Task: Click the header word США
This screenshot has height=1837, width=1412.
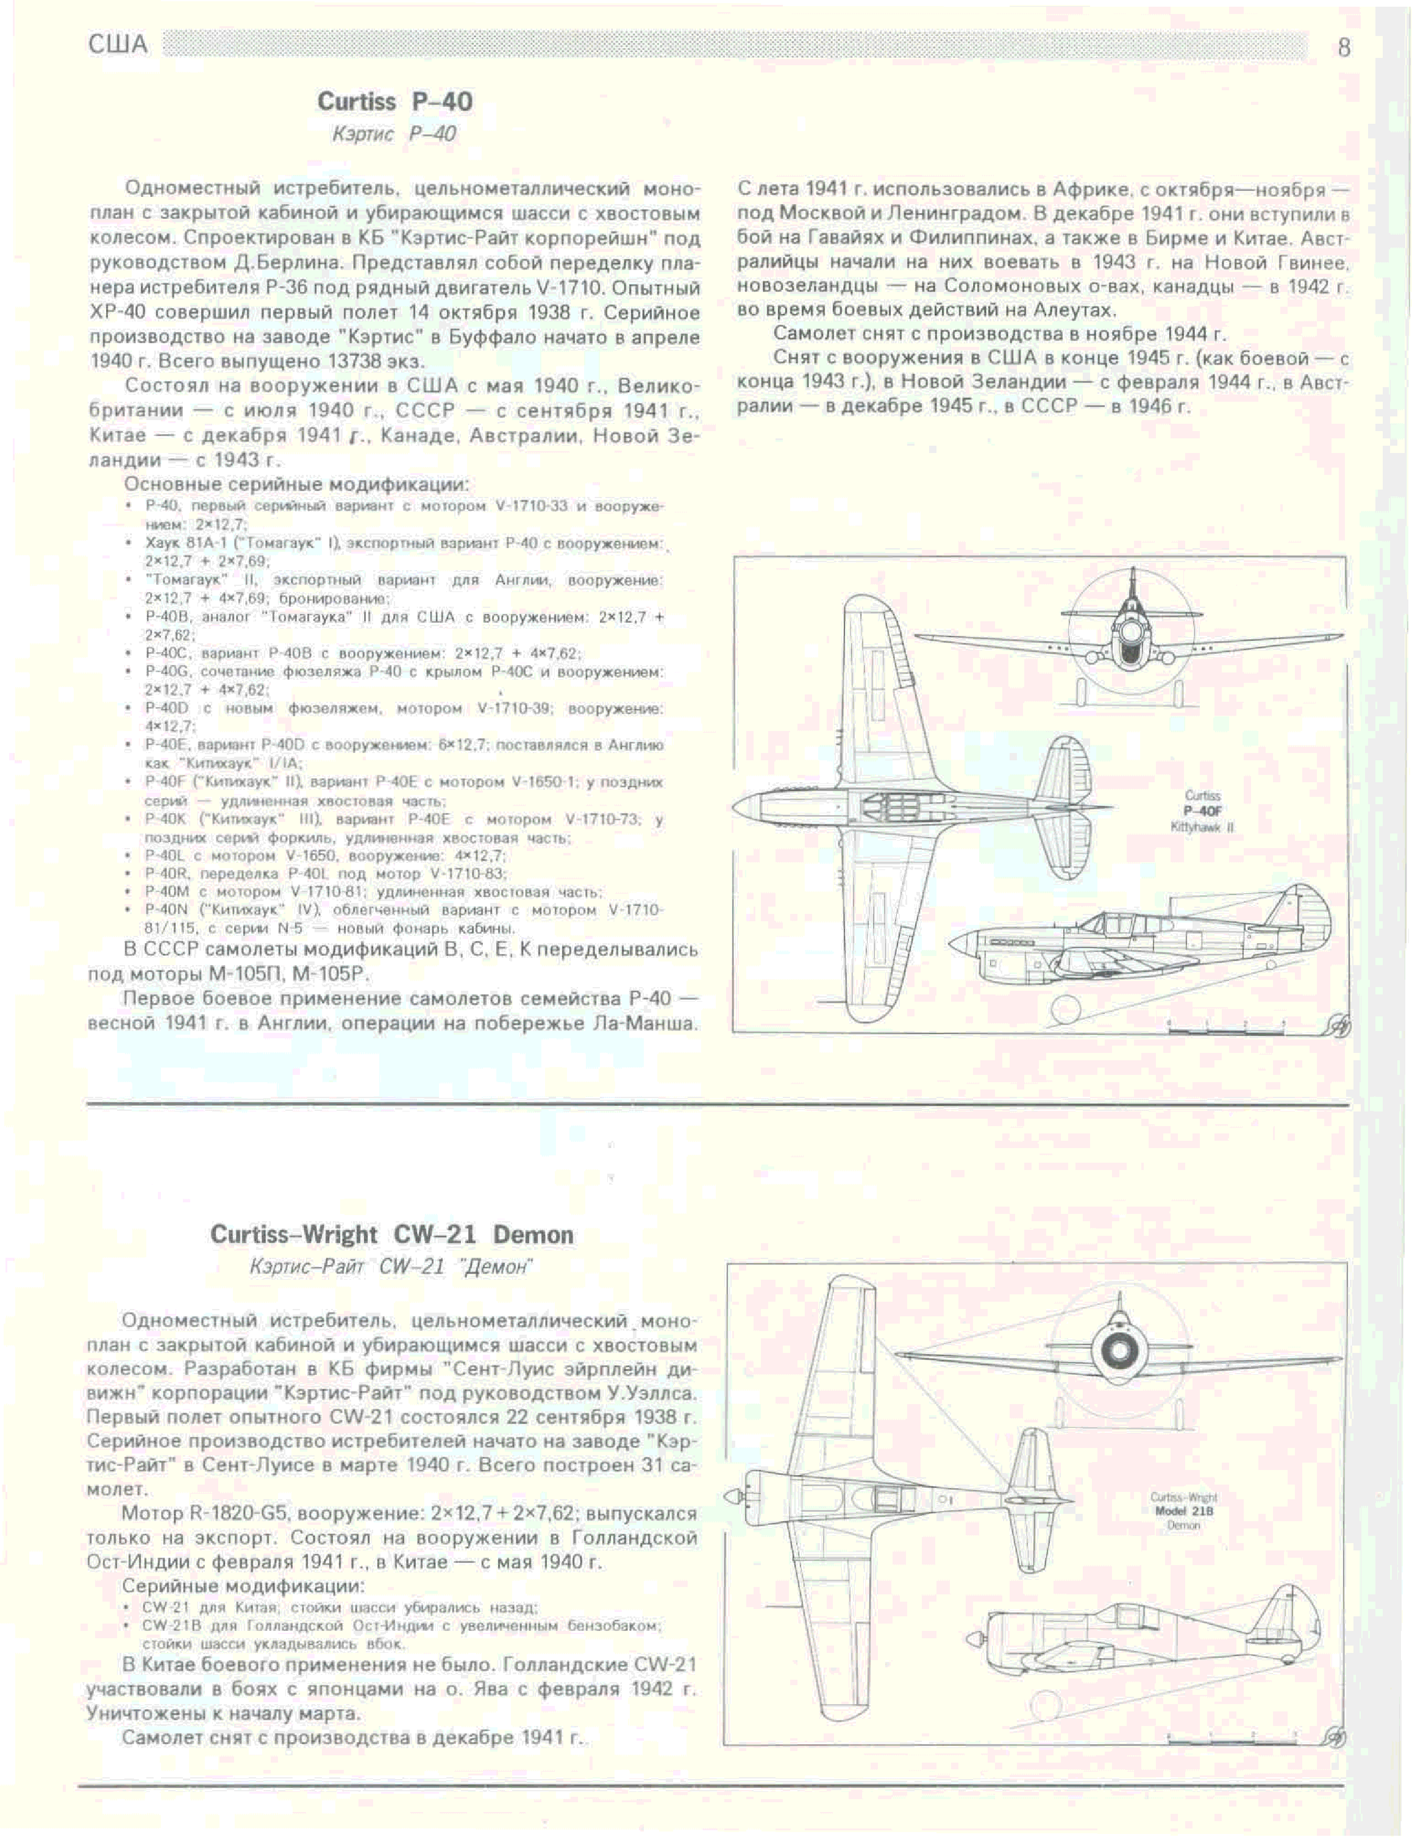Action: pos(118,45)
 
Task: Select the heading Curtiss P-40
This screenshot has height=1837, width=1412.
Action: pos(394,102)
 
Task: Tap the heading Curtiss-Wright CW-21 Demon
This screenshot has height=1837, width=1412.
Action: pos(391,1235)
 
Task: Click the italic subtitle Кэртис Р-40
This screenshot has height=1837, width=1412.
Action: pos(394,135)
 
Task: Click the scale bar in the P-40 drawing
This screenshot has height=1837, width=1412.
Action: pos(1227,1026)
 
